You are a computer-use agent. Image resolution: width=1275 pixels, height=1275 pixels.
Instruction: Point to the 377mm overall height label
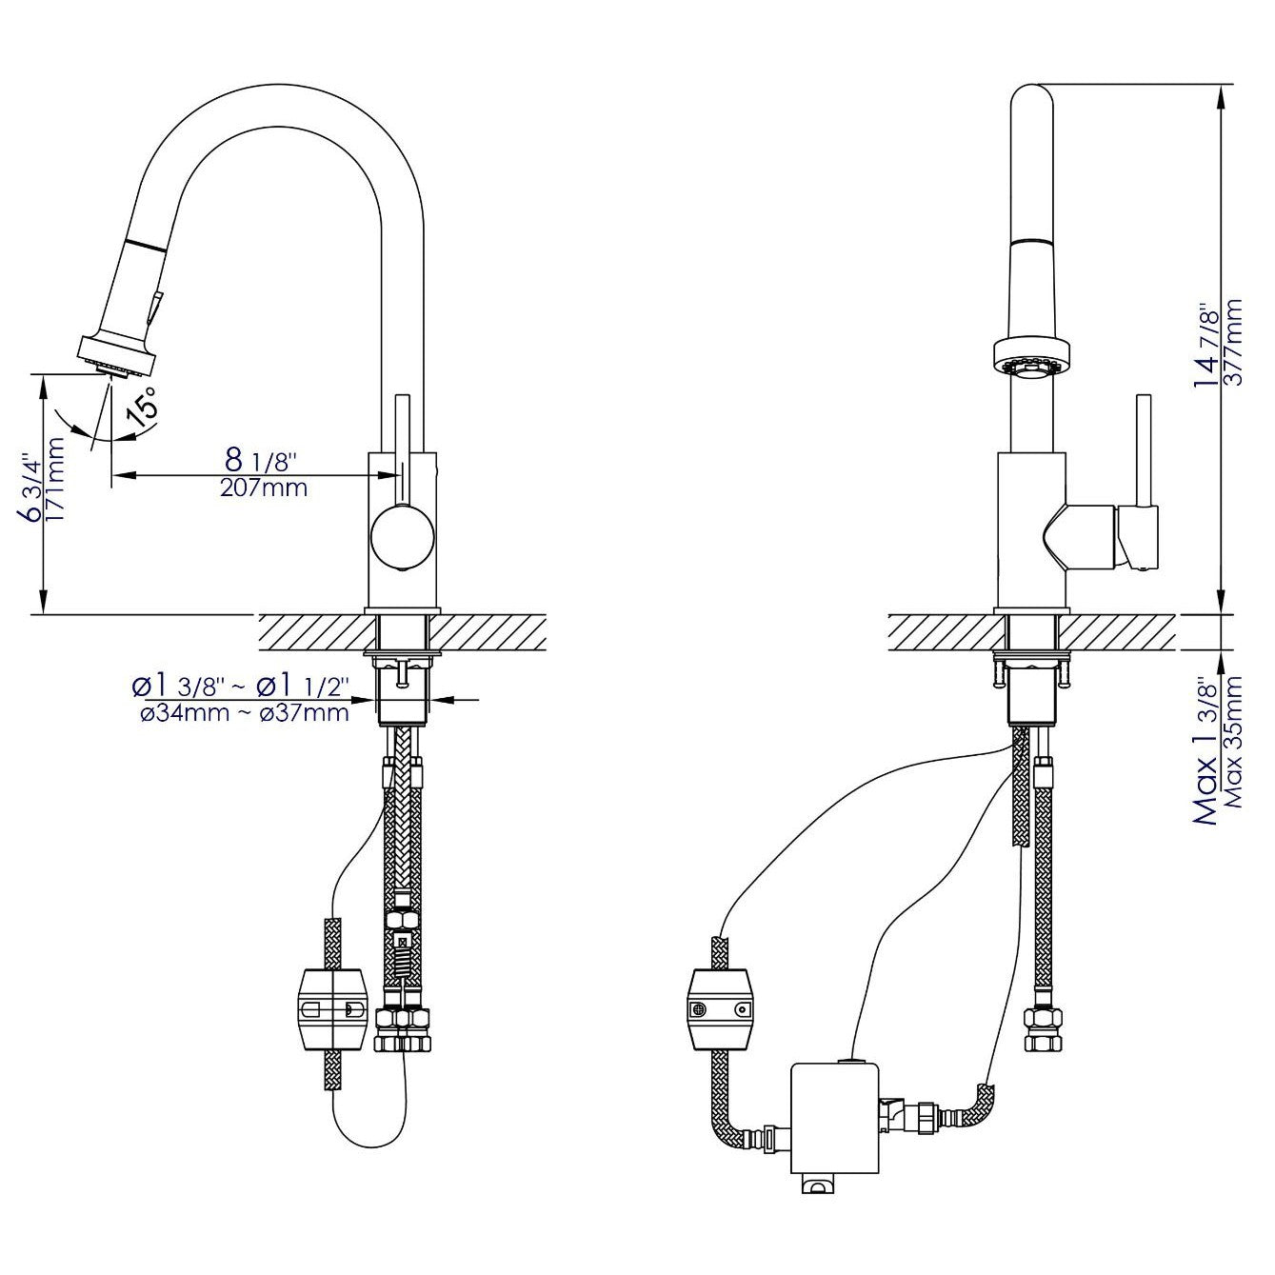pyautogui.click(x=1235, y=342)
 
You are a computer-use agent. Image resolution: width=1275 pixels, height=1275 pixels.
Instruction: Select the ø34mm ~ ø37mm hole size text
pyautogui.click(x=244, y=712)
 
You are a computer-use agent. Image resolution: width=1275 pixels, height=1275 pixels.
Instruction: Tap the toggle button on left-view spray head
pyautogui.click(x=155, y=309)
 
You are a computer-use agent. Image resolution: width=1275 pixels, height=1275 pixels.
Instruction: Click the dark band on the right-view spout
pyautogui.click(x=1031, y=241)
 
